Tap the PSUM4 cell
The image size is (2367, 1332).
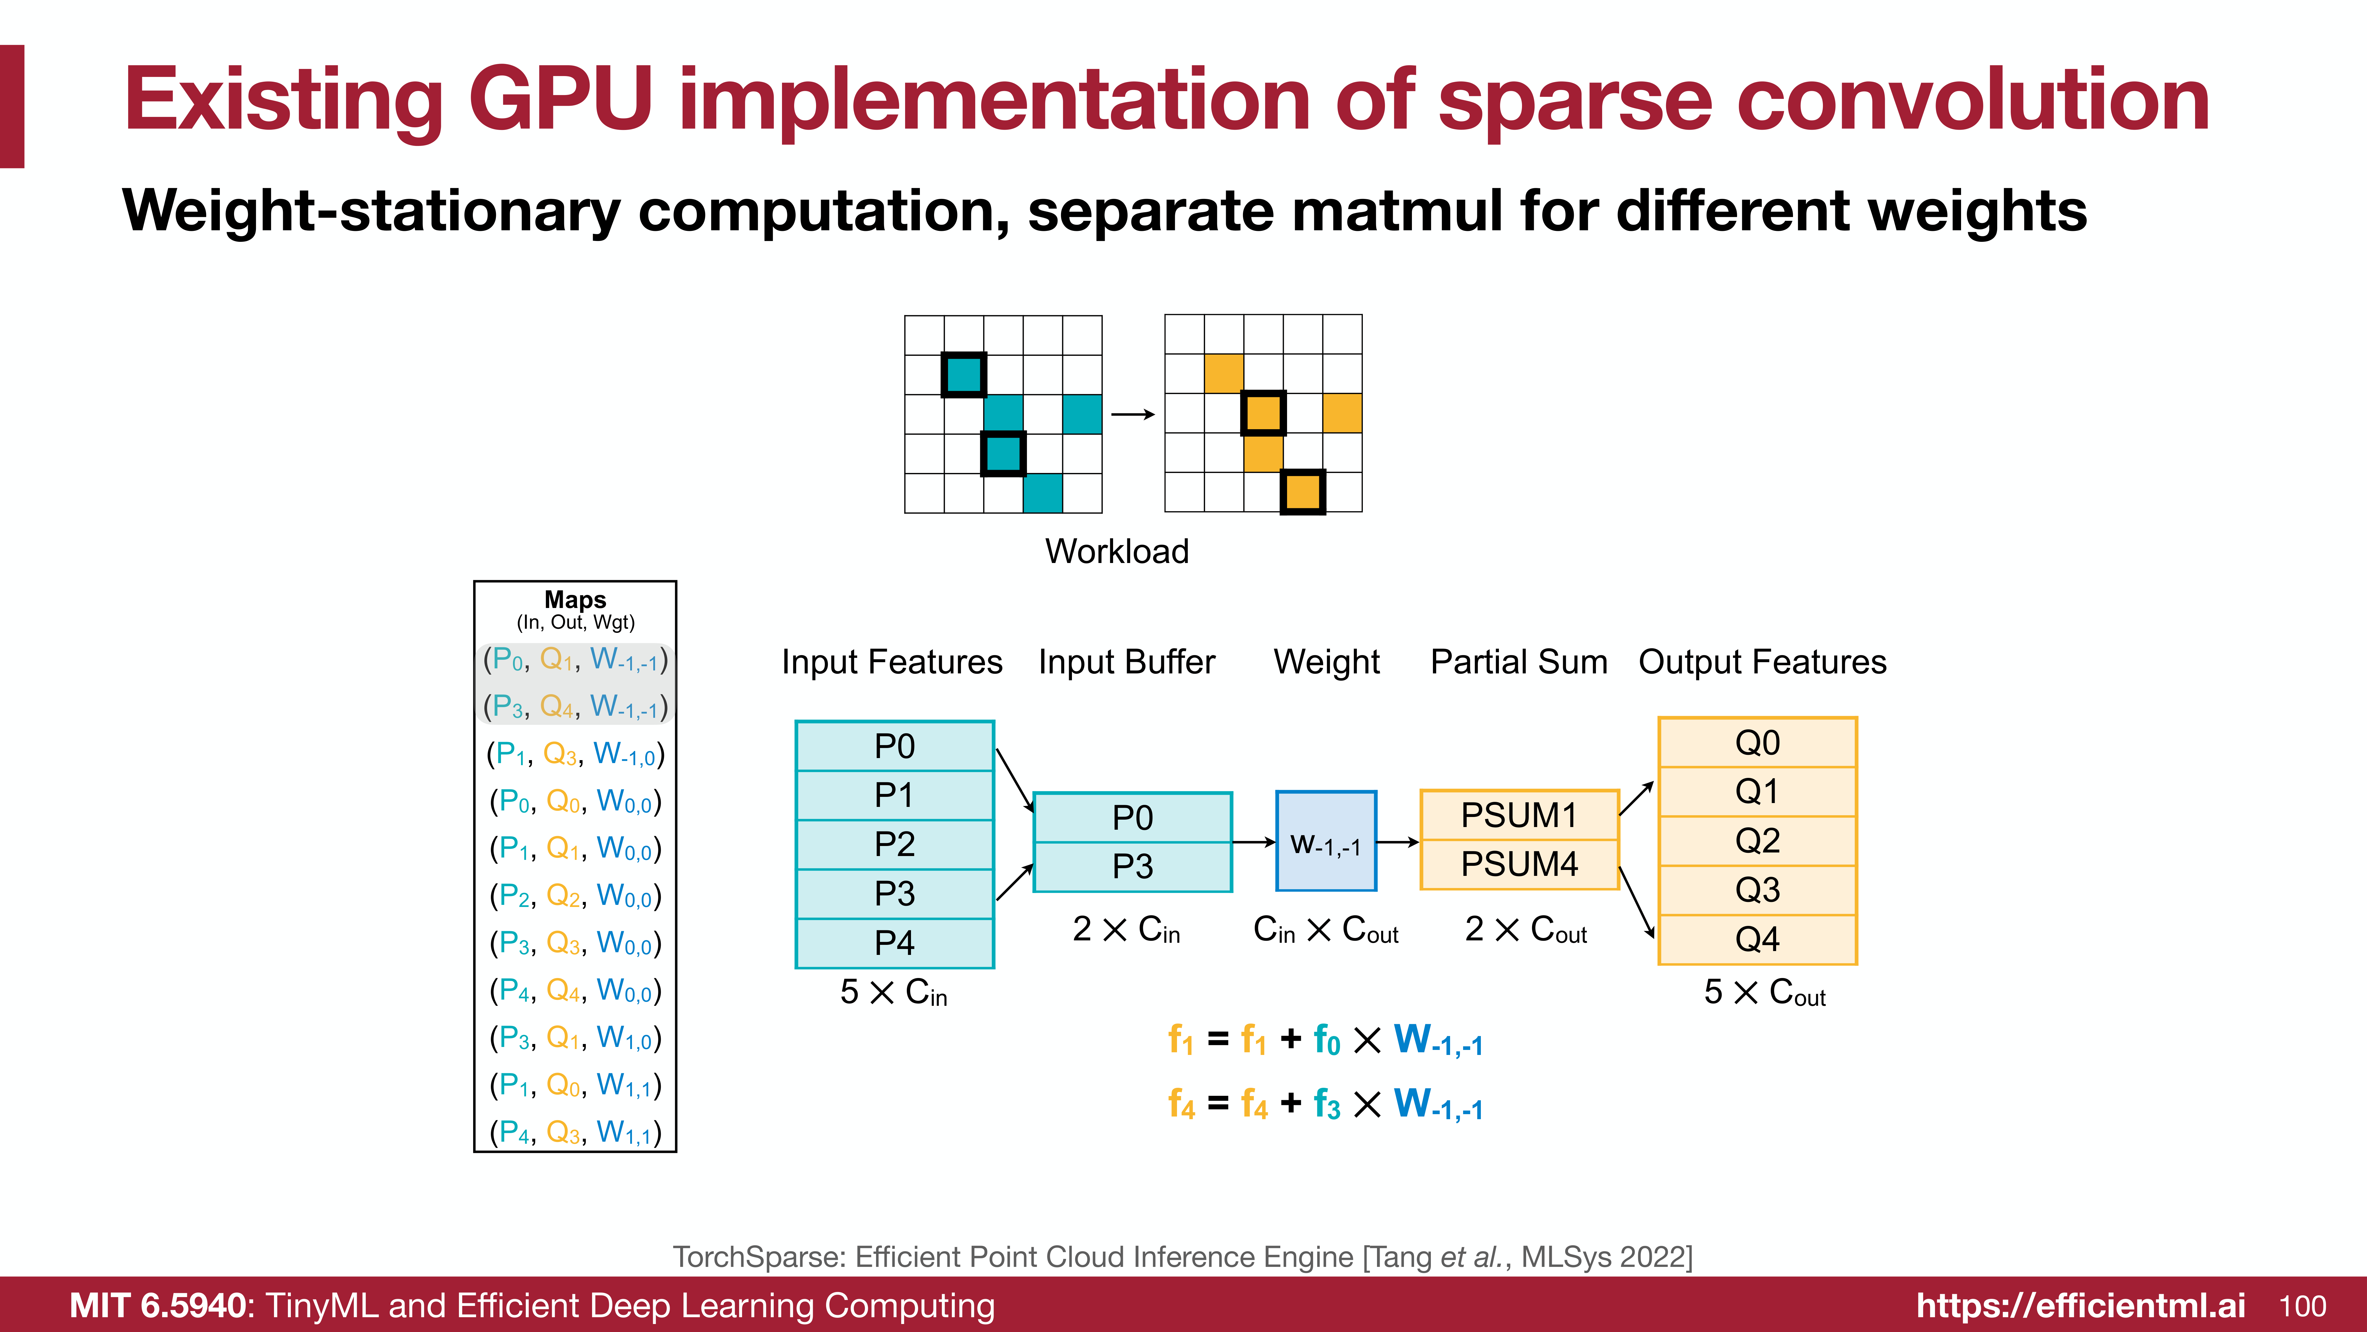coord(1519,864)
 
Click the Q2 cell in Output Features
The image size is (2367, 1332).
coord(1757,840)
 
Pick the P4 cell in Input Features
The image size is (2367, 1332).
coord(894,942)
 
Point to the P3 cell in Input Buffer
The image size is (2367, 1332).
coord(1132,866)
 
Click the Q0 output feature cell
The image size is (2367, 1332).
coord(1757,742)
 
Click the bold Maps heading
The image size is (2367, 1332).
coord(575,599)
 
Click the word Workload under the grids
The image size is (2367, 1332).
coord(1116,551)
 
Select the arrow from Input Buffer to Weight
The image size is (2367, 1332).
coord(1253,842)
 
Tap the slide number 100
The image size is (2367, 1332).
coord(2303,1306)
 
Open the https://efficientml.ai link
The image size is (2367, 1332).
coord(2080,1306)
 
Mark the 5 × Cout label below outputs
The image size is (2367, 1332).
coord(1764,993)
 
